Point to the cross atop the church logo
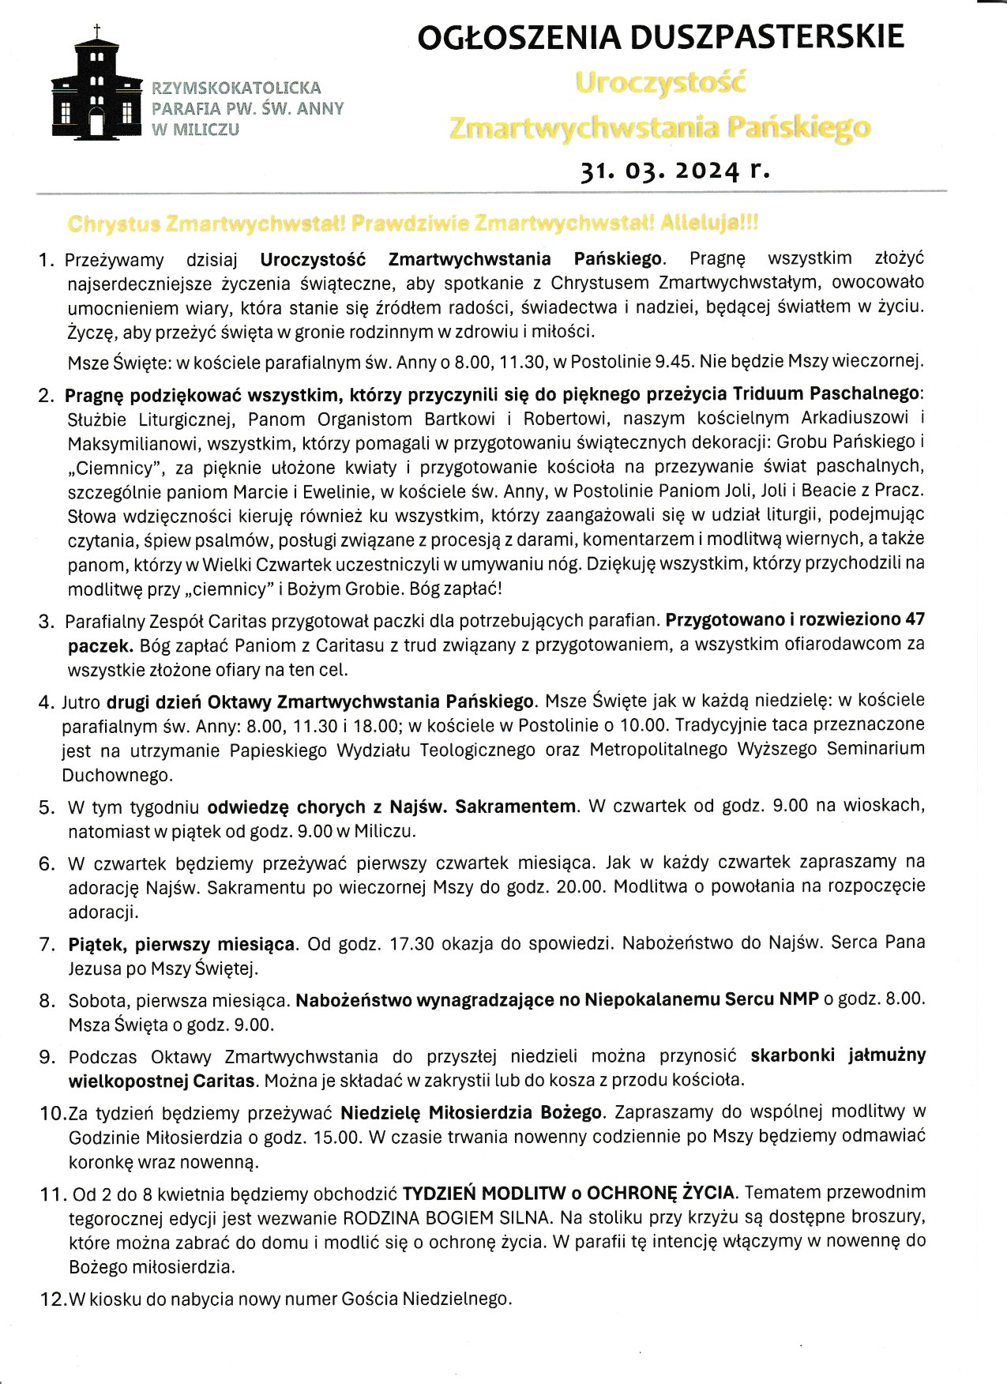(97, 32)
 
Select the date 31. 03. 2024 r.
(674, 170)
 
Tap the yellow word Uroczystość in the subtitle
(660, 83)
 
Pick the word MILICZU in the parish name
(206, 130)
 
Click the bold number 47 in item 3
(915, 619)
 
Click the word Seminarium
(875, 749)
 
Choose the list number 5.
(46, 807)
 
